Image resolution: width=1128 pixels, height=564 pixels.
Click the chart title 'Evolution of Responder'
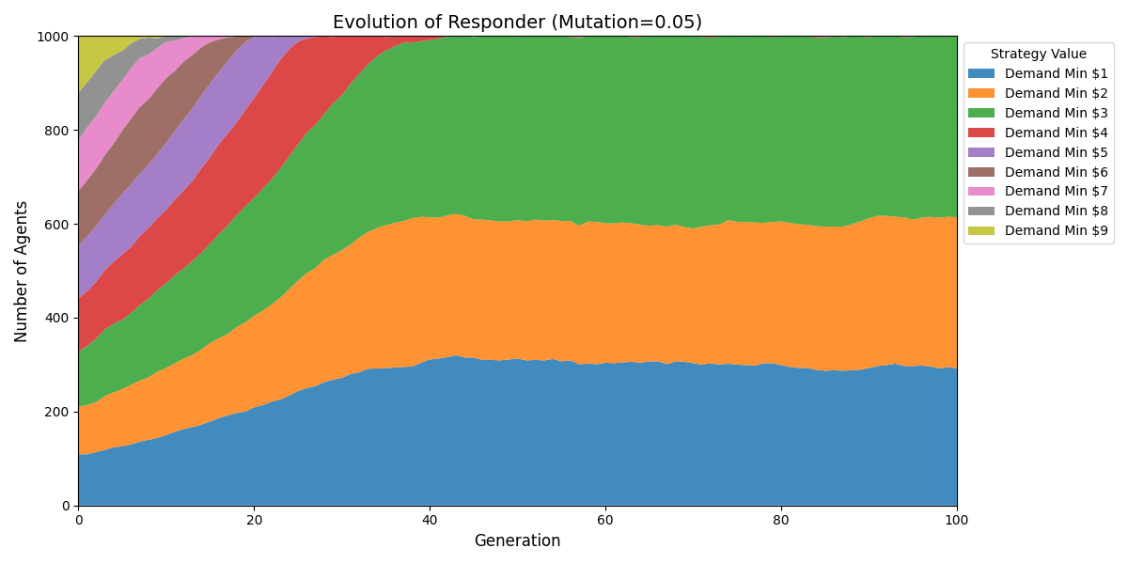click(x=517, y=23)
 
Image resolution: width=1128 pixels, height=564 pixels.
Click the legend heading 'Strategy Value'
click(x=1039, y=55)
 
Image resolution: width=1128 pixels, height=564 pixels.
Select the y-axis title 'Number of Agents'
click(x=22, y=271)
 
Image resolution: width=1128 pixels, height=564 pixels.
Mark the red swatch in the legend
click(x=981, y=133)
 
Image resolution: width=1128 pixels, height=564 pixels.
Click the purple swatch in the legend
click(x=981, y=152)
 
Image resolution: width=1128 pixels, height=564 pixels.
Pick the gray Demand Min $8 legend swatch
click(x=981, y=211)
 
